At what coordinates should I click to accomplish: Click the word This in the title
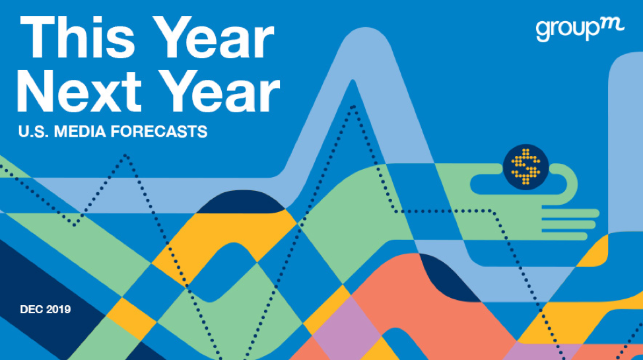click(x=78, y=38)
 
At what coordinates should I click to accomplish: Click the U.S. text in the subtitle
click(x=34, y=131)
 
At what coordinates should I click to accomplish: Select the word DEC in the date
click(x=31, y=309)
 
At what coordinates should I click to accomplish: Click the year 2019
click(x=58, y=309)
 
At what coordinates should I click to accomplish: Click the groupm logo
click(x=580, y=30)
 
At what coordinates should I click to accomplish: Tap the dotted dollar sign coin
click(x=525, y=167)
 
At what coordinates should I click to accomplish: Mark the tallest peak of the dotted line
click(x=353, y=108)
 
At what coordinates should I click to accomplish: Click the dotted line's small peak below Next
click(x=125, y=156)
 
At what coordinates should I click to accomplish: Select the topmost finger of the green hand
click(x=570, y=213)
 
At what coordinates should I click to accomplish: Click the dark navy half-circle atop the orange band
click(x=241, y=202)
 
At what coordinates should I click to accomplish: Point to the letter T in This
click(x=38, y=38)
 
